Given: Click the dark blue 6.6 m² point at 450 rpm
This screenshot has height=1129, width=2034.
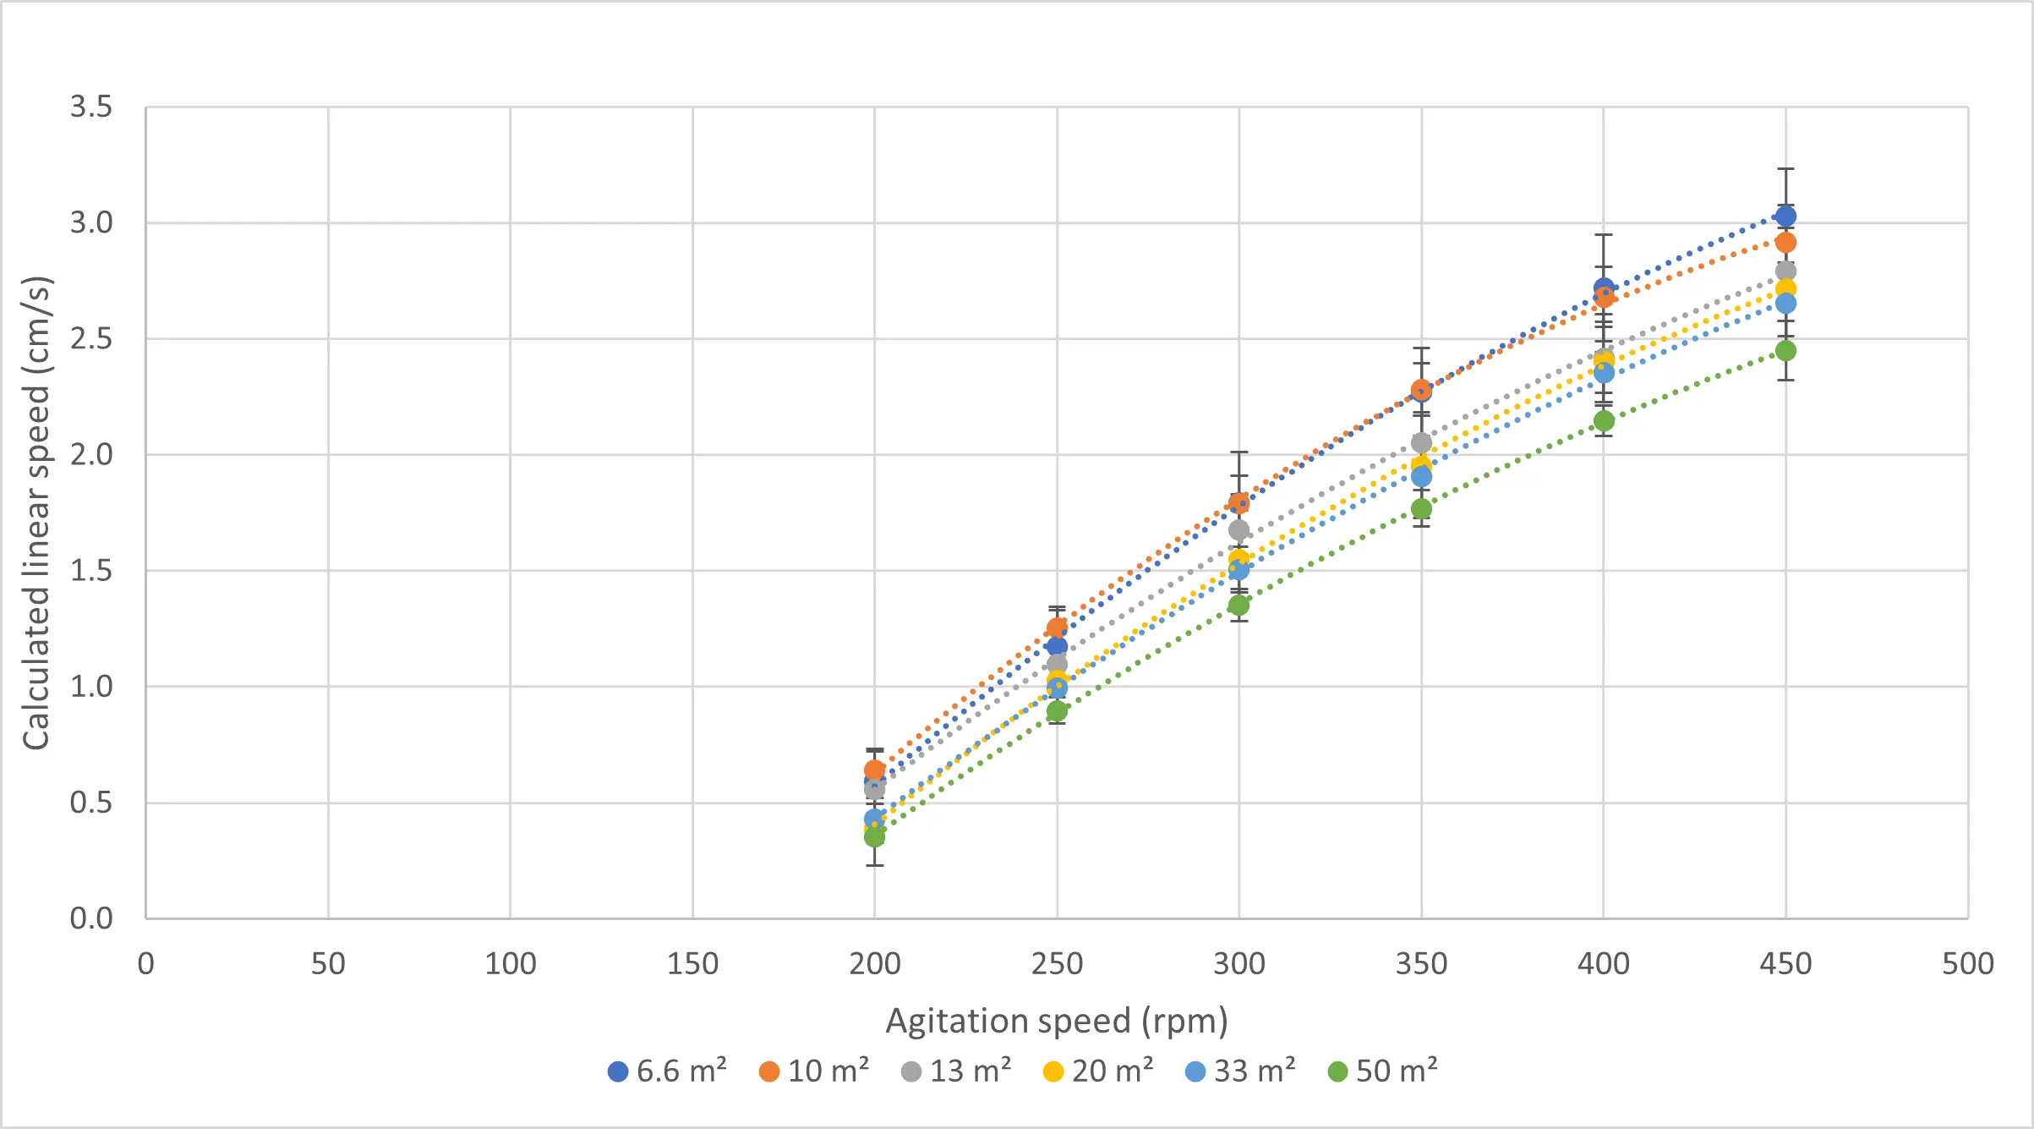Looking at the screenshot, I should coord(1785,216).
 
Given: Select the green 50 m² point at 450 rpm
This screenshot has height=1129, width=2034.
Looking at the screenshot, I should coord(1785,351).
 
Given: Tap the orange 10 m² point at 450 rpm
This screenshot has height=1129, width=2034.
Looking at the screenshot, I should coord(1785,243).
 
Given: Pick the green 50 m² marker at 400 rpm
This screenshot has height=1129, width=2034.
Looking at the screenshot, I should coord(1604,421).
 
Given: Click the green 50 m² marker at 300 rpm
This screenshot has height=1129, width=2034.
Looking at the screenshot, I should coord(1239,606).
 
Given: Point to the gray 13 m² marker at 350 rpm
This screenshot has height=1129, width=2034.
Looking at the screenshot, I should coord(1422,443).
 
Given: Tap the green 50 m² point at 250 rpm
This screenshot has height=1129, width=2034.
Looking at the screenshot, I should coord(1057,711).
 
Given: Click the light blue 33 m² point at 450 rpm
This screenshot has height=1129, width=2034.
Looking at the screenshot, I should coord(1785,304).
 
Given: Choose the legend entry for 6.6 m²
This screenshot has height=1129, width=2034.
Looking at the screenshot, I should coord(668,1071).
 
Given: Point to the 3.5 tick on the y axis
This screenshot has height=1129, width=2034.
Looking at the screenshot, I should coord(91,107).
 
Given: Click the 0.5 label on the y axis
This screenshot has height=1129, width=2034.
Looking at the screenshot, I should coord(91,803).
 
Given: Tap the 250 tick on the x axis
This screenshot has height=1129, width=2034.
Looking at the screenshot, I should coord(1057,964).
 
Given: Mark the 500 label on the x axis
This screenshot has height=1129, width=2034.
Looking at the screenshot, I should coord(1968,964).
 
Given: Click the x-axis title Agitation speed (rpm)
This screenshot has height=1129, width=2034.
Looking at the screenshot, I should coord(1057,1021).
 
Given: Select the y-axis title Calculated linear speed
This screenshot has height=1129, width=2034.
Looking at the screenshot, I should coord(37,512).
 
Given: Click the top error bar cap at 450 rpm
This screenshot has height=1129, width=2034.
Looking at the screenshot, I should coord(1785,169).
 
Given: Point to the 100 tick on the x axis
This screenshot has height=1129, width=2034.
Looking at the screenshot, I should coord(511,964).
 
